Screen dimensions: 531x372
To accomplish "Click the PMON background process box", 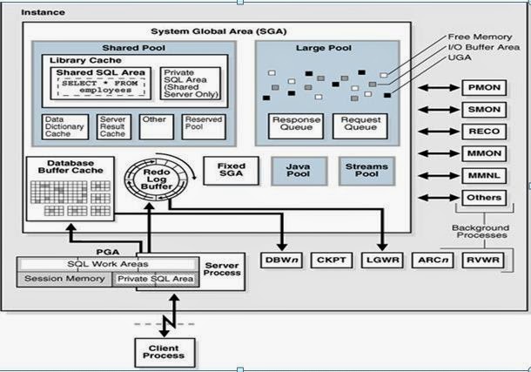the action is pyautogui.click(x=484, y=88).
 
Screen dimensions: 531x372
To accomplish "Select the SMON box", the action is pyautogui.click(x=484, y=110).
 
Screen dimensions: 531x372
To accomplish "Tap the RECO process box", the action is pyautogui.click(x=484, y=132).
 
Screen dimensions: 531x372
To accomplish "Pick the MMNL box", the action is pyautogui.click(x=484, y=176).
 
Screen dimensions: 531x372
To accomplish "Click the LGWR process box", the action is pyautogui.click(x=382, y=260).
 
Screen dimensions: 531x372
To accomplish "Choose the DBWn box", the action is pyautogui.click(x=281, y=260).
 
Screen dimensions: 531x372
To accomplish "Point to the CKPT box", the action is pyautogui.click(x=332, y=260).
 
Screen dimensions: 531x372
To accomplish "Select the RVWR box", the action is pyautogui.click(x=483, y=260).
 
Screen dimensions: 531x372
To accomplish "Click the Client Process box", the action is pyautogui.click(x=165, y=353).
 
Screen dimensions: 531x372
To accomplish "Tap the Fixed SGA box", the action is pyautogui.click(x=232, y=171).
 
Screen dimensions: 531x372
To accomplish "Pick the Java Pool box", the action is pyautogui.click(x=299, y=171).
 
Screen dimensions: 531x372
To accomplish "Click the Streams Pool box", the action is pyautogui.click(x=366, y=171).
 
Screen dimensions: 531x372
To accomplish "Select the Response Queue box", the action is pyautogui.click(x=296, y=126).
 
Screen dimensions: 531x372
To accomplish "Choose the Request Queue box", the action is pyautogui.click(x=360, y=126).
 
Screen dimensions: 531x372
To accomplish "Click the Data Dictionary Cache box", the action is pyautogui.click(x=65, y=126).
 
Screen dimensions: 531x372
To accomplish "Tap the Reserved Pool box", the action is pyautogui.click(x=204, y=126).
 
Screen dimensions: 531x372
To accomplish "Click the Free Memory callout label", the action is pyautogui.click(x=480, y=37).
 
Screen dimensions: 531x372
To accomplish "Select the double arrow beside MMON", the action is pyautogui.click(x=439, y=153).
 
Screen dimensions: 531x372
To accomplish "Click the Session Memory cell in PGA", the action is pyautogui.click(x=64, y=279).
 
